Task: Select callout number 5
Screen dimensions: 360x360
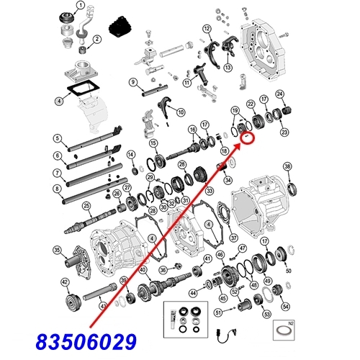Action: click(56, 138)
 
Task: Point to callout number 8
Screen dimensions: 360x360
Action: click(56, 189)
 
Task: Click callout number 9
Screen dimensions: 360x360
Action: click(133, 82)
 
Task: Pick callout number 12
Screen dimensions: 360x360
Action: click(206, 29)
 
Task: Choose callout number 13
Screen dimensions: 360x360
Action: click(228, 68)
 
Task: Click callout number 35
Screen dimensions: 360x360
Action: click(57, 250)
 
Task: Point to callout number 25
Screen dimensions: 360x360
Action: click(86, 206)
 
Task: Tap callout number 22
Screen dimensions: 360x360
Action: click(250, 104)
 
